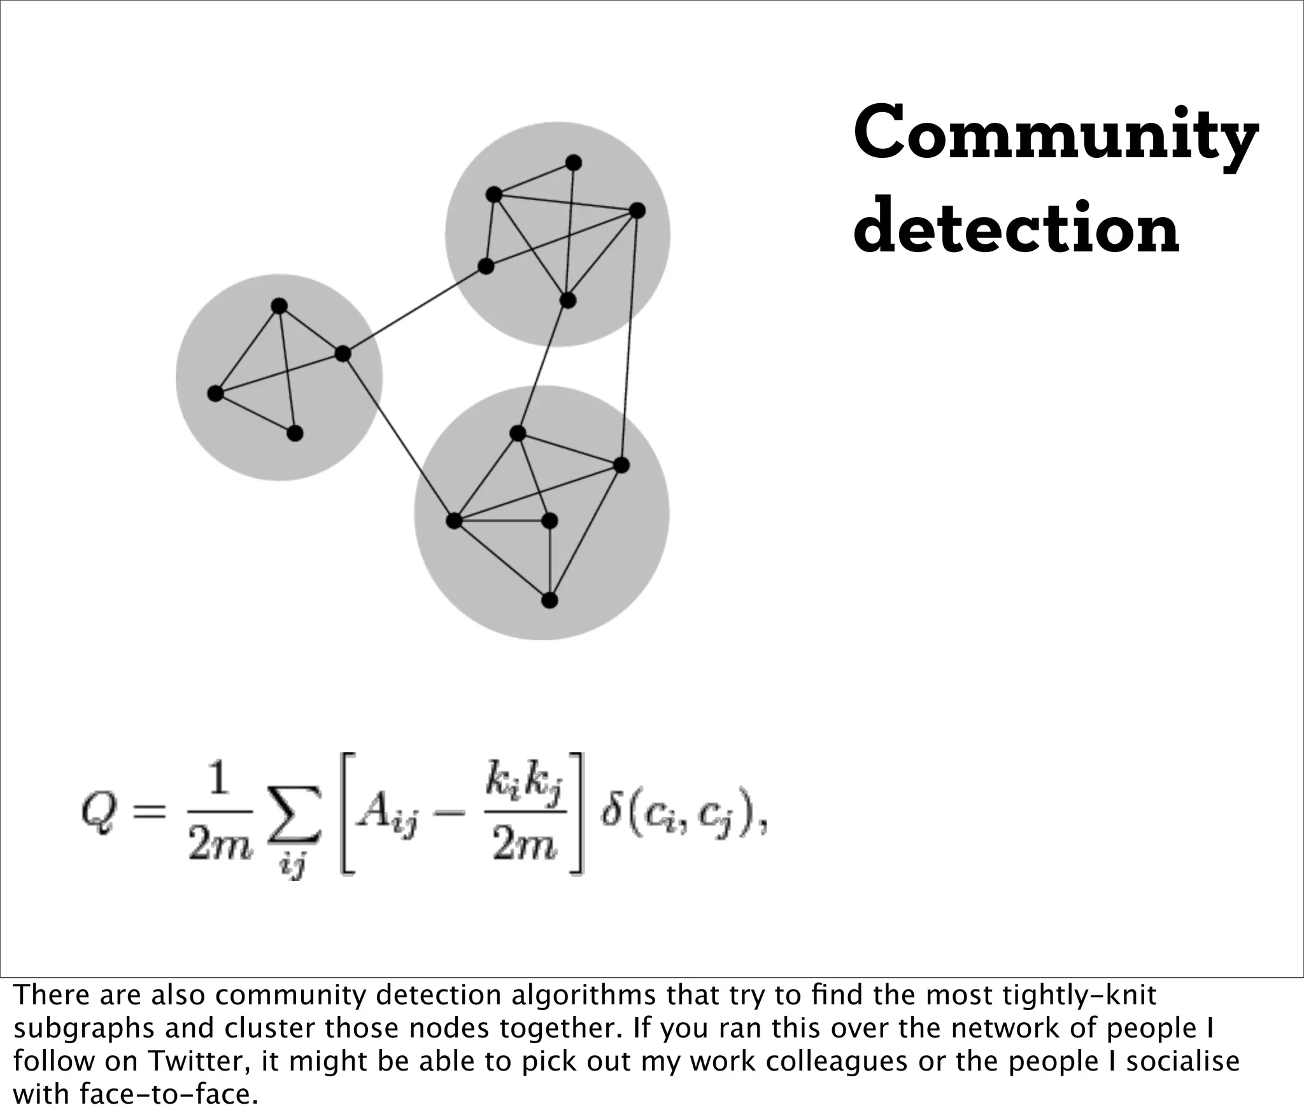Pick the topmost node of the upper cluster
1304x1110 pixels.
coord(573,163)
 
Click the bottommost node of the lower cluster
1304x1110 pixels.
coord(549,600)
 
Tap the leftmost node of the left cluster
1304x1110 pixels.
coord(215,394)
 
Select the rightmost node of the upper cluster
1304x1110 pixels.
coord(637,211)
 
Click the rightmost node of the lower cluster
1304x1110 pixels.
coord(621,465)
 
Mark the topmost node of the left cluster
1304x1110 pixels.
coord(279,306)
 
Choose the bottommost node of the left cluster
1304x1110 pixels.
coord(295,433)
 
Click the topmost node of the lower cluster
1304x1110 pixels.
coord(518,433)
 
